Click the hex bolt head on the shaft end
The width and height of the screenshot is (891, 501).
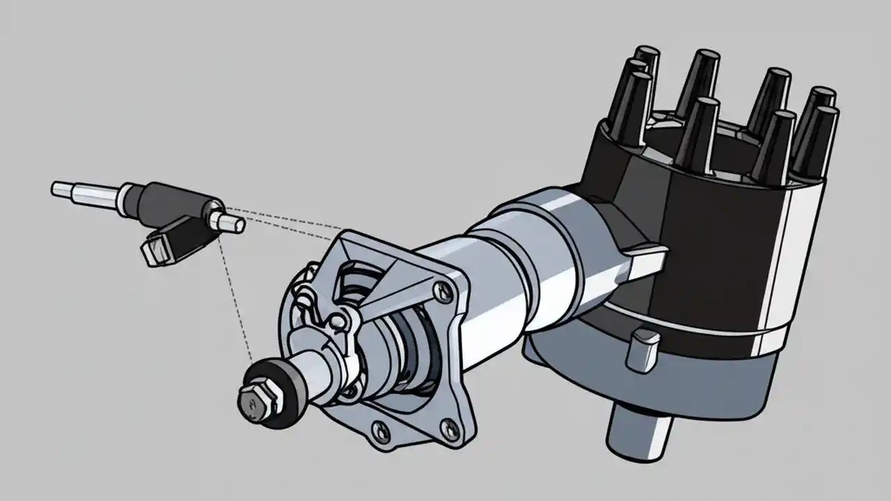click(x=253, y=402)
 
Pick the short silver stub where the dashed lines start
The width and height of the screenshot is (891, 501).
click(x=230, y=222)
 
